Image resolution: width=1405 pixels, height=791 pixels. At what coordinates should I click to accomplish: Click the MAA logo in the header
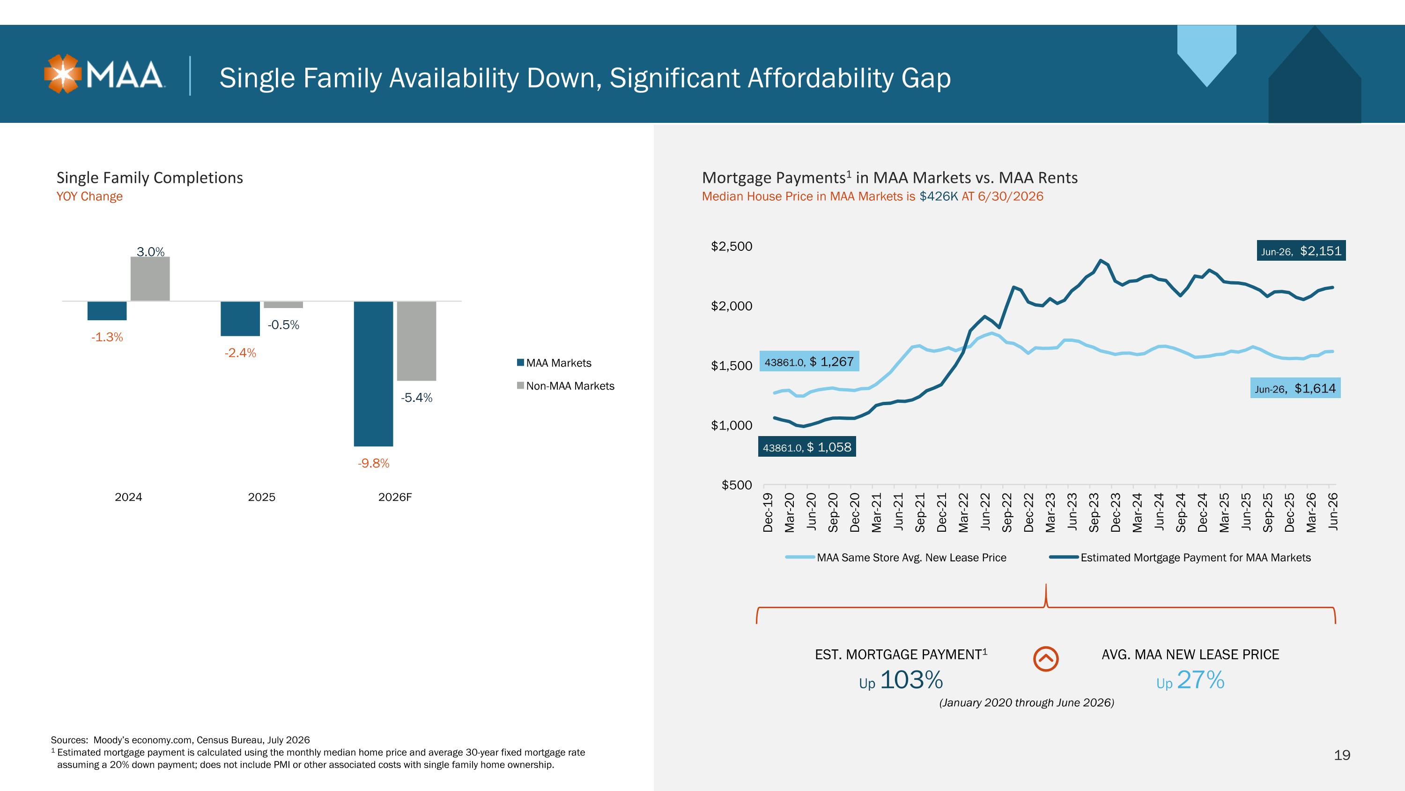[104, 74]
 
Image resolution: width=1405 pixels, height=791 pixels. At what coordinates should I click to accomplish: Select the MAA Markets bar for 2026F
[374, 373]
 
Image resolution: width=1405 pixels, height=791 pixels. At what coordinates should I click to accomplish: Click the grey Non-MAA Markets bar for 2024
[150, 279]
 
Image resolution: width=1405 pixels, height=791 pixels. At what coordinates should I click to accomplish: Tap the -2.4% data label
[240, 353]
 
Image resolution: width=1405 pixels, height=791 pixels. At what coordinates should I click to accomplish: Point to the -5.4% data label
[417, 398]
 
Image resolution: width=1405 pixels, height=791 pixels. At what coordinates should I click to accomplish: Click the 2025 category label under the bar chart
[262, 497]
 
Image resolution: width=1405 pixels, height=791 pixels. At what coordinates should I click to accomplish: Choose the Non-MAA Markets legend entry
[566, 386]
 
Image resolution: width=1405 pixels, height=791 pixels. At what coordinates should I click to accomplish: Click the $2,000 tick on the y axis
[732, 306]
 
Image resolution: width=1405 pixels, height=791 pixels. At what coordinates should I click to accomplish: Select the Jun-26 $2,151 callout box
[1301, 250]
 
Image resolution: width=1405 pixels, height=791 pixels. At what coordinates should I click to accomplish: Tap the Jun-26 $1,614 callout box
[1295, 388]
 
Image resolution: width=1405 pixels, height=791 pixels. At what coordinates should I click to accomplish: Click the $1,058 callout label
[806, 447]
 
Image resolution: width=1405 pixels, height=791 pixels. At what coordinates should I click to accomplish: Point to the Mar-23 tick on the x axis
[1050, 512]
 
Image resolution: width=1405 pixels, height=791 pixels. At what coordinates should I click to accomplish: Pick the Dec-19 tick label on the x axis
[768, 512]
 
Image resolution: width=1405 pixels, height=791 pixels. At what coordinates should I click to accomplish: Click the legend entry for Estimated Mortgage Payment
[1180, 557]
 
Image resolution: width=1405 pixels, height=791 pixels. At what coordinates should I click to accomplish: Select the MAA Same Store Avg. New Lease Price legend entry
[895, 557]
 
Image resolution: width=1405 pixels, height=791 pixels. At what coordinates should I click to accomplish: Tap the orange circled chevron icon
[1046, 659]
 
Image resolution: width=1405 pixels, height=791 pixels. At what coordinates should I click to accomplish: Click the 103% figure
[911, 679]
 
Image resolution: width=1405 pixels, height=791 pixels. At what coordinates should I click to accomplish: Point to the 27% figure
[1200, 679]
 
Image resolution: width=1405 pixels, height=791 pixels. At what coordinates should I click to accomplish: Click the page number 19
[1342, 755]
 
